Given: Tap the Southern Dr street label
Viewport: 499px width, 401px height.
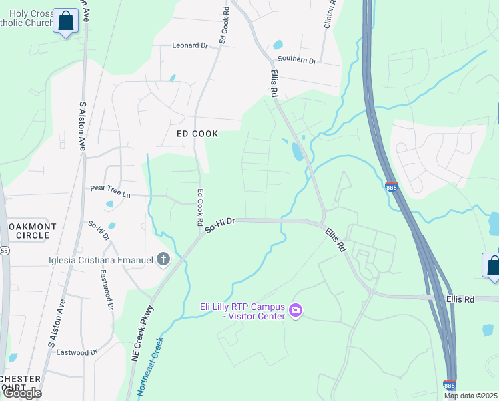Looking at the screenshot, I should click(x=296, y=60).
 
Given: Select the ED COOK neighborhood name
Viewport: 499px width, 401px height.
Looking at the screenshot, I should click(x=197, y=134).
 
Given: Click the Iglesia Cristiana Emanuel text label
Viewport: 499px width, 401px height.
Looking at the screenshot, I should click(x=101, y=260).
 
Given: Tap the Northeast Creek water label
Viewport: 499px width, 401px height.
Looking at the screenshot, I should click(x=151, y=368).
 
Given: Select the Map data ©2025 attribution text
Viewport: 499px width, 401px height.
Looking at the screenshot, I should click(x=470, y=396).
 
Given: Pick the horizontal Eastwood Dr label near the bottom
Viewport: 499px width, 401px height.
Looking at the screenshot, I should click(x=77, y=352).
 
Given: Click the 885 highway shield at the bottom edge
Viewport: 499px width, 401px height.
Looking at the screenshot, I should click(x=450, y=385).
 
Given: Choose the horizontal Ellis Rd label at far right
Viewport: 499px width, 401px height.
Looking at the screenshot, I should click(x=460, y=299).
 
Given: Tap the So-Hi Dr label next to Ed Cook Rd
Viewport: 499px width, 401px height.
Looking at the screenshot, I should click(x=220, y=225).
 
